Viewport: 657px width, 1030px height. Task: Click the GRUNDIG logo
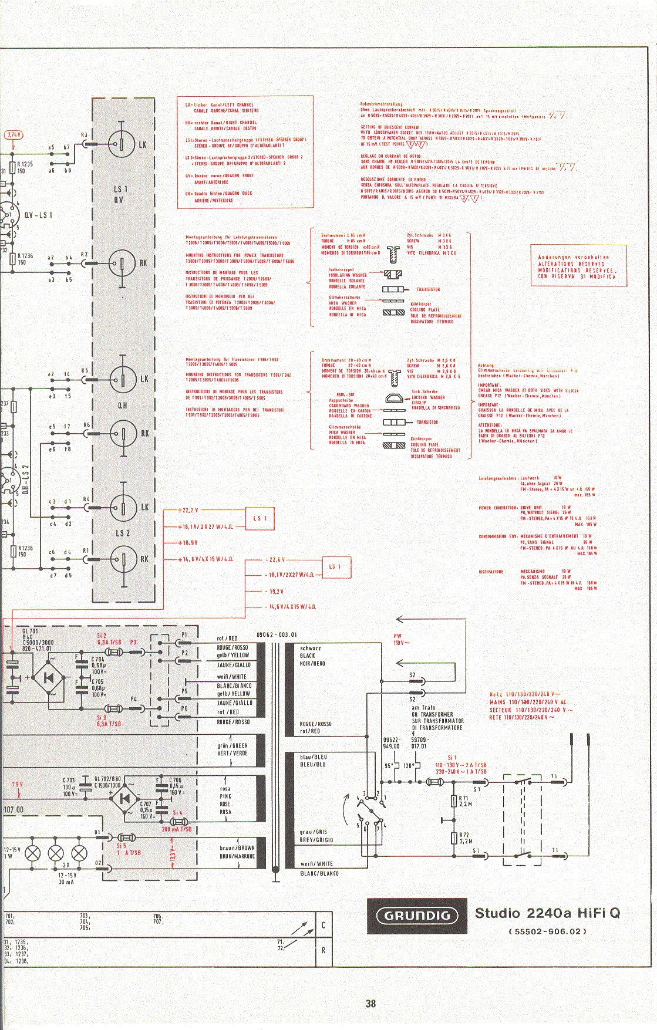(417, 915)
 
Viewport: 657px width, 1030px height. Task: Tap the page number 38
(370, 1003)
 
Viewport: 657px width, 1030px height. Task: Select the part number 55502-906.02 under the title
(547, 931)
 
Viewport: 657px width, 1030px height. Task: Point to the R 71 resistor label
(464, 799)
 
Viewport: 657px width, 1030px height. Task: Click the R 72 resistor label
(464, 837)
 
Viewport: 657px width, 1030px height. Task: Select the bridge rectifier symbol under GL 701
(48, 677)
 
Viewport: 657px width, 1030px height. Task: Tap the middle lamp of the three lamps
(56, 852)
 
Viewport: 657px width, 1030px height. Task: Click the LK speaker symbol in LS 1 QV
(122, 144)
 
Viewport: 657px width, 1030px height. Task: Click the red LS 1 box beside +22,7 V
(260, 518)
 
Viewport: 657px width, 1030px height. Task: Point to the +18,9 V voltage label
(188, 543)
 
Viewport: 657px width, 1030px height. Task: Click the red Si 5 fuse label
(122, 846)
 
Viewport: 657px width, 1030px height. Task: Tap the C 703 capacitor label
(69, 780)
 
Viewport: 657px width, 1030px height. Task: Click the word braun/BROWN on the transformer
(237, 848)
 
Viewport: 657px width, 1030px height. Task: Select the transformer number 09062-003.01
(277, 634)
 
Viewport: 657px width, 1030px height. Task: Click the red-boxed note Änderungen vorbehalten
(577, 266)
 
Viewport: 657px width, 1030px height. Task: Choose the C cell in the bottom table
(324, 926)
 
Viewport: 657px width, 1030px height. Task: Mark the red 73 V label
(16, 785)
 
